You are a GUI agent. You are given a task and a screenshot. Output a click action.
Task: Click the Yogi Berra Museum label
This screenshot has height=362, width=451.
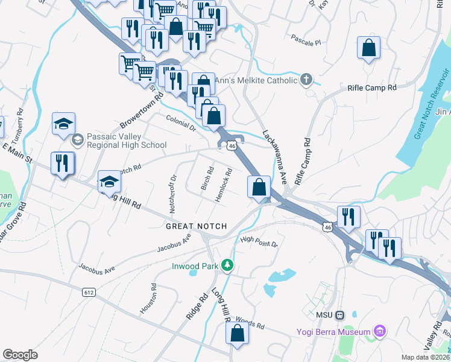point(333,332)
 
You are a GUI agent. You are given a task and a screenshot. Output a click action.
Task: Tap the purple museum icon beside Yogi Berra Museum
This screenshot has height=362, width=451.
point(379,331)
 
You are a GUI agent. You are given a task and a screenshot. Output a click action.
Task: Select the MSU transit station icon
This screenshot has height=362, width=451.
point(339,314)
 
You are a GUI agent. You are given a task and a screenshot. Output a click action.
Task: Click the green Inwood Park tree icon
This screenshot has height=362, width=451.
point(227,265)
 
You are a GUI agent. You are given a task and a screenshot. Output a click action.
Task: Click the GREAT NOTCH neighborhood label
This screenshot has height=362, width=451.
point(197,226)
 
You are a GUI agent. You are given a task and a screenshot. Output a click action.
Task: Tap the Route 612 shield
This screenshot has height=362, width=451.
point(89,292)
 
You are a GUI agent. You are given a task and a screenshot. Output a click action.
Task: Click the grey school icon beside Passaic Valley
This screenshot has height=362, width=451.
point(77,141)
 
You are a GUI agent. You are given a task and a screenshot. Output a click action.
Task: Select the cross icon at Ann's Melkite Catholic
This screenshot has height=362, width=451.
point(306,80)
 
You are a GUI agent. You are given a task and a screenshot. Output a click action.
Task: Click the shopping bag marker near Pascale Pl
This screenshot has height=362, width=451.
point(368,48)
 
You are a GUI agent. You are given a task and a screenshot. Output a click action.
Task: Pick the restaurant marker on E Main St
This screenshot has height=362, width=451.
point(63,164)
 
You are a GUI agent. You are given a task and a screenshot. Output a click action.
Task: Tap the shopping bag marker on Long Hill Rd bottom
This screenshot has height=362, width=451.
point(238,335)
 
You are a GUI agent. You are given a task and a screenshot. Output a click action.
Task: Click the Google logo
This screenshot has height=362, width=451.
point(20,355)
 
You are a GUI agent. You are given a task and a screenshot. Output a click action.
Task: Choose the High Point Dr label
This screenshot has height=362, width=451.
point(258,242)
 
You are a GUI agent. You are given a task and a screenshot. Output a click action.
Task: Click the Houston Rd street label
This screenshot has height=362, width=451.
point(148,298)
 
